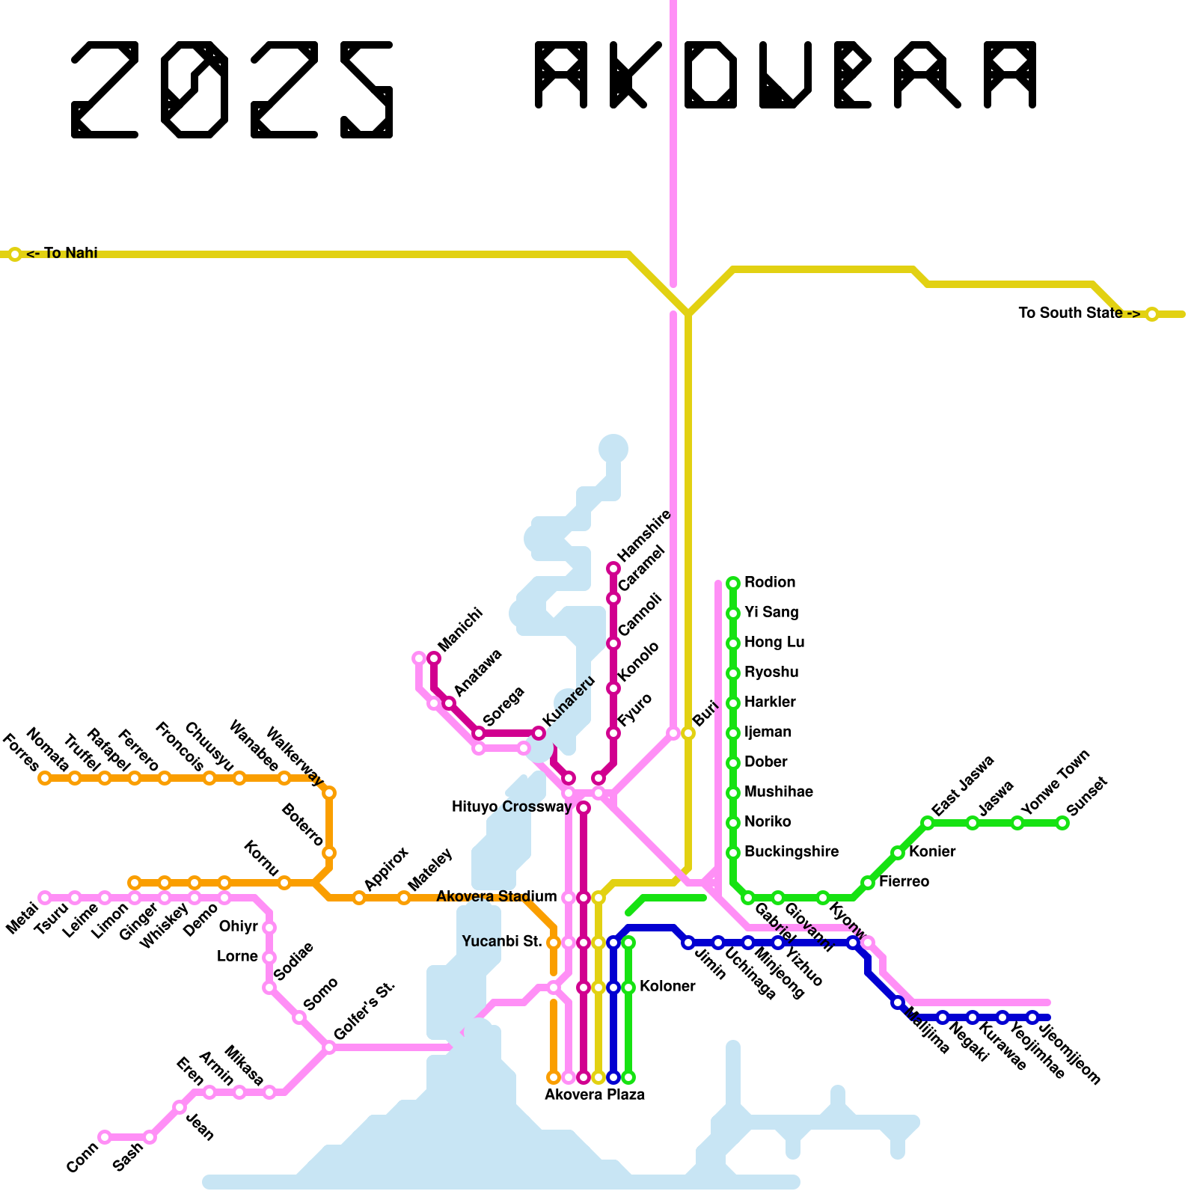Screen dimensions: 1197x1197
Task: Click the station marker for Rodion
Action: click(x=733, y=583)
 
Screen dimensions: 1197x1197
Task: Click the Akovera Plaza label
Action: click(x=594, y=1095)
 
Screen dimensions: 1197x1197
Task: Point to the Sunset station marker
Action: click(x=1062, y=823)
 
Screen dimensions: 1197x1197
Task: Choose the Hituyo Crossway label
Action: click(x=512, y=807)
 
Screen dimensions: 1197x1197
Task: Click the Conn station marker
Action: click(x=105, y=1137)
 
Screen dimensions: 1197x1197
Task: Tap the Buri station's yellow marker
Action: click(x=688, y=733)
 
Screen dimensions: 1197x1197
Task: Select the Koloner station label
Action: click(x=667, y=987)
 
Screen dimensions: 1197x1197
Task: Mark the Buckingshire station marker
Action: click(x=733, y=853)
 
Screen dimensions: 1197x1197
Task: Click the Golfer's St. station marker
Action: click(x=329, y=1047)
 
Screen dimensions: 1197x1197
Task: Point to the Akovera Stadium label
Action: click(x=497, y=897)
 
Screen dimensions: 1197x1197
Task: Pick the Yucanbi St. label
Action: click(x=502, y=942)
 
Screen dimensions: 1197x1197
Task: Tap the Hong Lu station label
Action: click(x=774, y=643)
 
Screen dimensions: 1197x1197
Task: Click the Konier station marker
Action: click(x=898, y=853)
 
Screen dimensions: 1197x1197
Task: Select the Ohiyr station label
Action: click(x=239, y=927)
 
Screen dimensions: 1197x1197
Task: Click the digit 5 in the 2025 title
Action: click(x=367, y=90)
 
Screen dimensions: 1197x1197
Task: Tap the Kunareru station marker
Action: click(x=539, y=733)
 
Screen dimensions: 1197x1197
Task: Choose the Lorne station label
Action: click(x=237, y=957)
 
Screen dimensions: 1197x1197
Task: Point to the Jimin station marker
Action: click(x=688, y=943)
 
